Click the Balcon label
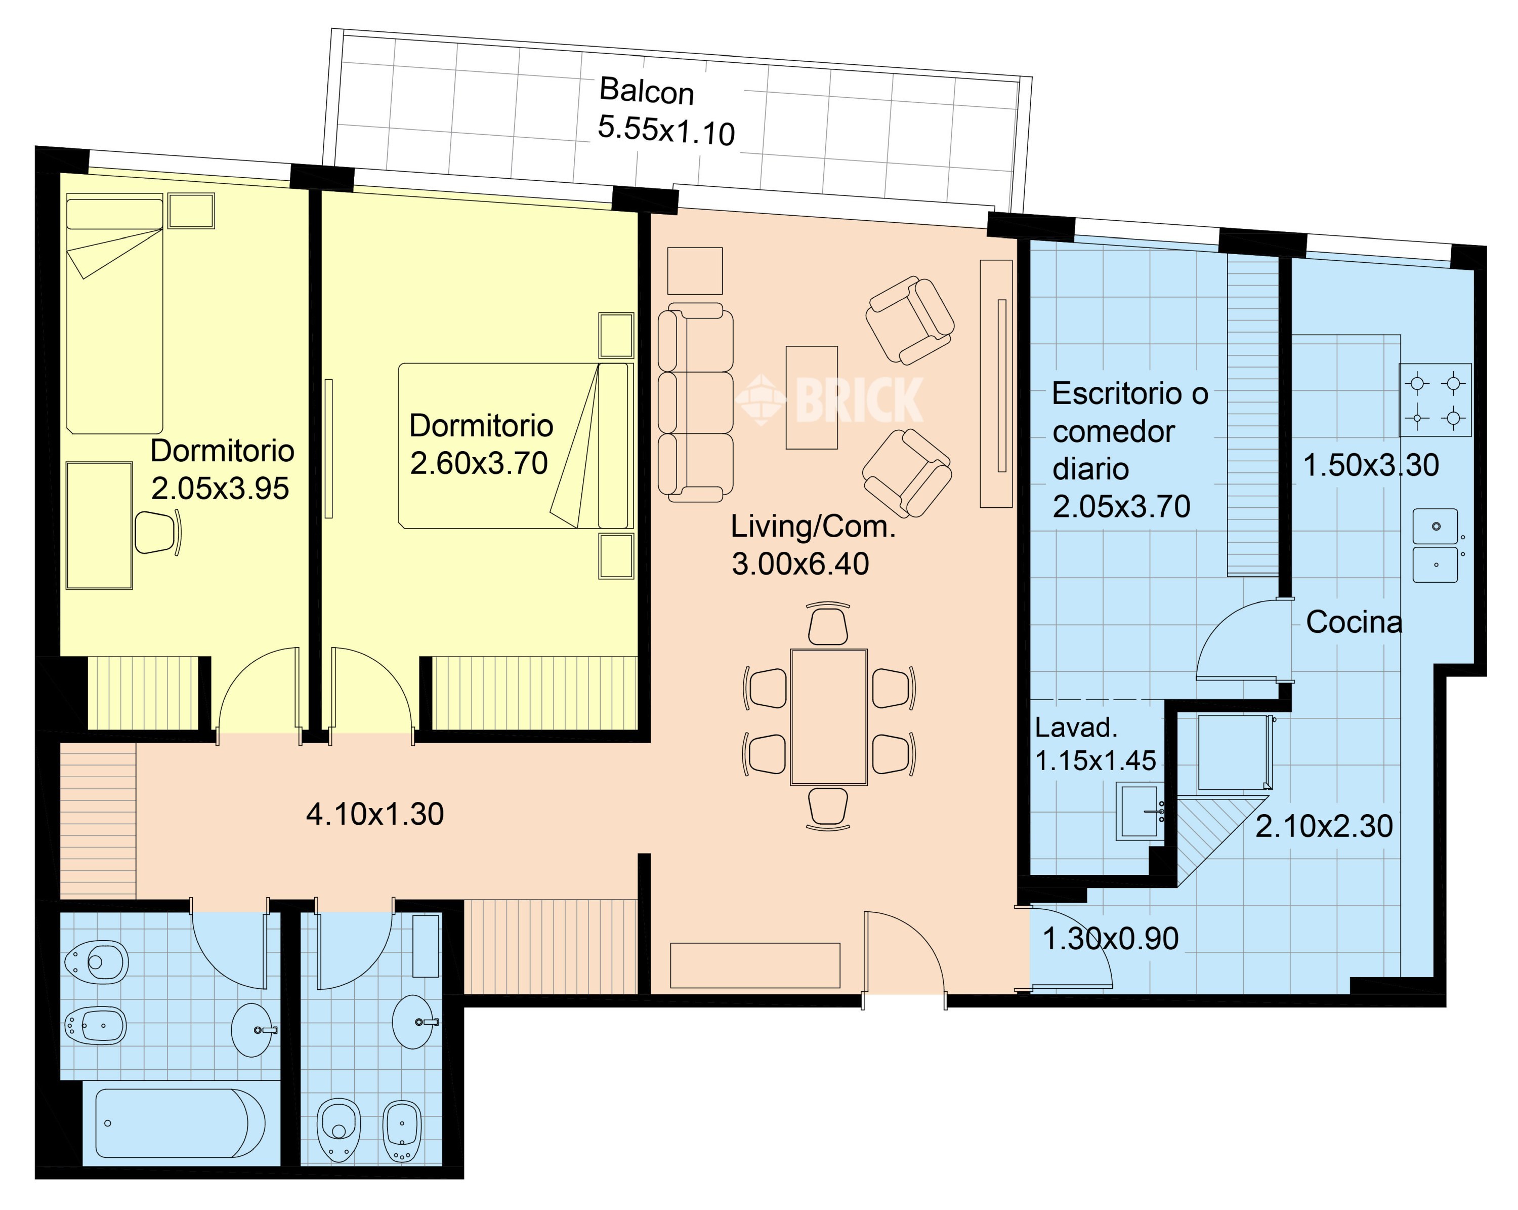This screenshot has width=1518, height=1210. pyautogui.click(x=646, y=92)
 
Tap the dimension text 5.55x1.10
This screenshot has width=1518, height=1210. pyautogui.click(x=666, y=131)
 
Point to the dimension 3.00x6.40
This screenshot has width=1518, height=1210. pyautogui.click(x=800, y=564)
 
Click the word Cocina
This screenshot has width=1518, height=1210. pyautogui.click(x=1354, y=622)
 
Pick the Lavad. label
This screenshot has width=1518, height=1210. pyautogui.click(x=1076, y=728)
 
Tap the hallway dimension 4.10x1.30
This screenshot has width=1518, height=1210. pyautogui.click(x=374, y=814)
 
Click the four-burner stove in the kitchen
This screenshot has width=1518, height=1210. pyautogui.click(x=1436, y=400)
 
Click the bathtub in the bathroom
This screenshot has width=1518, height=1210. pyautogui.click(x=180, y=1123)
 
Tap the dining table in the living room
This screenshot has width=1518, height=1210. pyautogui.click(x=829, y=717)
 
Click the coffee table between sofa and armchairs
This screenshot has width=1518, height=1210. pyautogui.click(x=812, y=397)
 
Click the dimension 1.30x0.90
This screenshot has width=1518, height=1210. pyautogui.click(x=1110, y=939)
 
